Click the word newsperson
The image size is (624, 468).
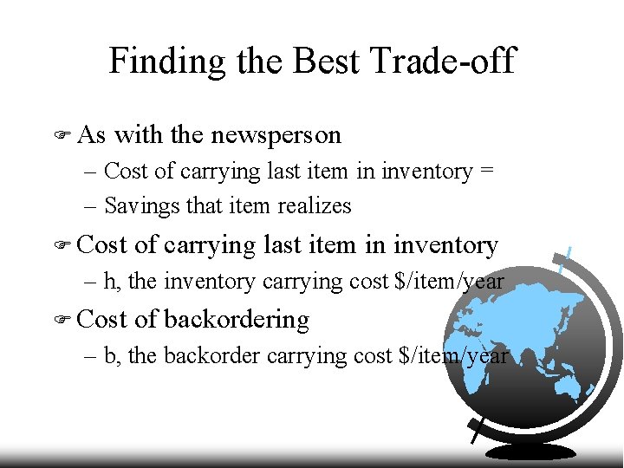276,135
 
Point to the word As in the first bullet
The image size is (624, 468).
92,135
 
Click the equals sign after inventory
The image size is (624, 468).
487,172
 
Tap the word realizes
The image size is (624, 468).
315,206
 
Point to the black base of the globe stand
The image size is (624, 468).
530,451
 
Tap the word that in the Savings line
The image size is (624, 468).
201,206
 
